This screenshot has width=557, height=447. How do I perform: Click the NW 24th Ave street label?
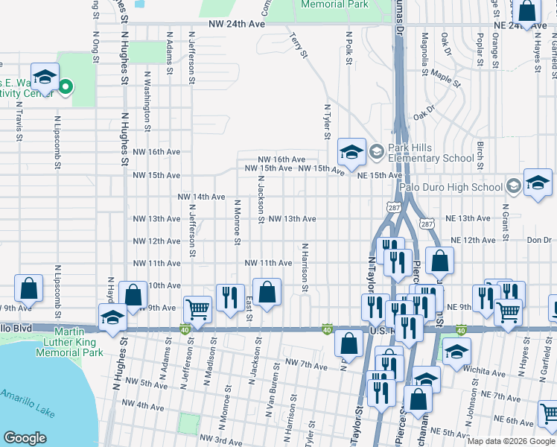[236, 24]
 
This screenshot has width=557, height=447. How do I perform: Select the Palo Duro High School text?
[451, 186]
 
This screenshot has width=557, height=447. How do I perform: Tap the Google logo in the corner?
[25, 438]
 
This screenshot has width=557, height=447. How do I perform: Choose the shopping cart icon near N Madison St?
[197, 308]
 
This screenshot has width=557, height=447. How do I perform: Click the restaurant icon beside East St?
[230, 296]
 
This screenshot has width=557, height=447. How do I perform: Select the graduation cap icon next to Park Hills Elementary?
[352, 152]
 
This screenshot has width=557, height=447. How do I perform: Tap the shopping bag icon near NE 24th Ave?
[527, 11]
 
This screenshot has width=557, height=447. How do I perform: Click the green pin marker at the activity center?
[66, 87]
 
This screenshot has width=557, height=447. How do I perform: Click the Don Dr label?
[538, 240]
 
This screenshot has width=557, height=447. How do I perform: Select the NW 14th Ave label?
[201, 197]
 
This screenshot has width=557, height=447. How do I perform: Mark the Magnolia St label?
[425, 51]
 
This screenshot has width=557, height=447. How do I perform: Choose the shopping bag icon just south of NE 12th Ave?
[439, 261]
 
